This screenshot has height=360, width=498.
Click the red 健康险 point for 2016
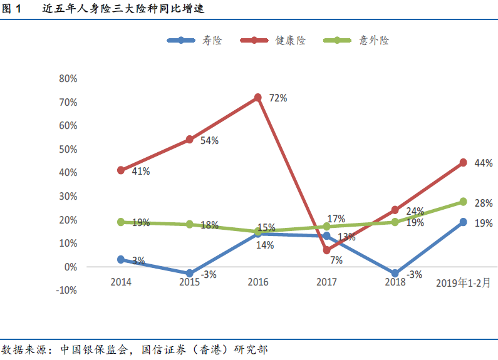tap(258, 98)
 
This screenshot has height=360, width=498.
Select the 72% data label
tap(278, 98)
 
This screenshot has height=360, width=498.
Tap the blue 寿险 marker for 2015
tap(190, 274)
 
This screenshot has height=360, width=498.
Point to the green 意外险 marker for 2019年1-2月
tap(463, 202)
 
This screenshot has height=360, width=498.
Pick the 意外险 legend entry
tap(357, 40)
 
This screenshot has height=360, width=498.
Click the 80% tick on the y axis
tap(68, 78)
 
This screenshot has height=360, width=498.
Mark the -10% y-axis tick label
tap(66, 290)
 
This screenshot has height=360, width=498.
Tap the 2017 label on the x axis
tap(326, 282)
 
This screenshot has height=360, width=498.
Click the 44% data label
tap(484, 163)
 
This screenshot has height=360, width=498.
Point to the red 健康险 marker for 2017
tap(326, 250)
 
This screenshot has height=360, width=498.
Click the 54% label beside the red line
tap(209, 140)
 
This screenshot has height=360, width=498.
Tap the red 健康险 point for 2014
tap(121, 170)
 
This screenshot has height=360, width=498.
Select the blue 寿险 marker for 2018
tap(395, 274)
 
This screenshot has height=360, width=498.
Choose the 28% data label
tap(484, 203)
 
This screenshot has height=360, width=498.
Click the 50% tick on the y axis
tap(68, 149)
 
